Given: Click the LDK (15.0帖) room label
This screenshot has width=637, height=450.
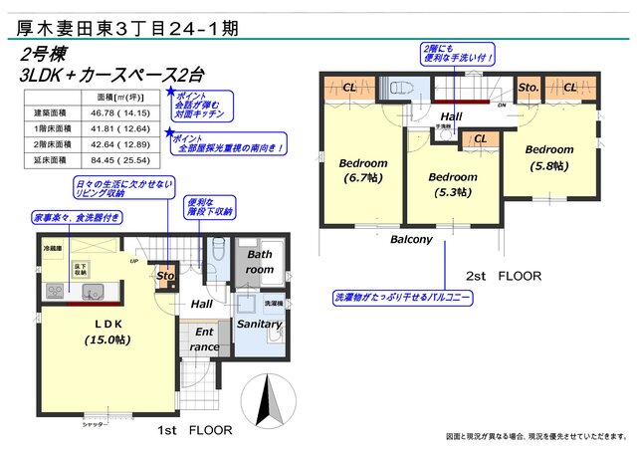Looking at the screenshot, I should coord(102,332).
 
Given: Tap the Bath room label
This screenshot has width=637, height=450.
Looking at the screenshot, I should coord(260,262).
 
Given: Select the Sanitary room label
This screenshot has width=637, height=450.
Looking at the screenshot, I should coord(260,325).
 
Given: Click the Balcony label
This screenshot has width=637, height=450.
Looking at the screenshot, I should coord(411,240).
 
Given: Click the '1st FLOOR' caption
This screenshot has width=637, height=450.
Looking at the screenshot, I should coord(195,431).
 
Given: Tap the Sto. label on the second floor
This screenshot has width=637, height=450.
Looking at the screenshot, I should coord(528,88).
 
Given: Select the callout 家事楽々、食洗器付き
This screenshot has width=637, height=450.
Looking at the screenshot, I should coord(78,217).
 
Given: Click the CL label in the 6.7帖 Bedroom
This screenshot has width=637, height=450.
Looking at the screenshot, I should coord(349,88).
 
